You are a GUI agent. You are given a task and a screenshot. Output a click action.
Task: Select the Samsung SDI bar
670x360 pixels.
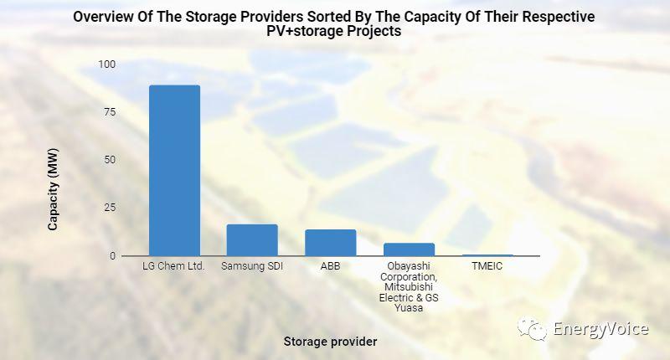click(x=252, y=239)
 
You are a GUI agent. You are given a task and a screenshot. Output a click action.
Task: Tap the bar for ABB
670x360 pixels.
click(x=330, y=242)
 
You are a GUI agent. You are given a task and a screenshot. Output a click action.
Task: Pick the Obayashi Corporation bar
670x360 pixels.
click(x=409, y=249)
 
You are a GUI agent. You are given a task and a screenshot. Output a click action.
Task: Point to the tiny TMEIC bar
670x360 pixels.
click(x=487, y=255)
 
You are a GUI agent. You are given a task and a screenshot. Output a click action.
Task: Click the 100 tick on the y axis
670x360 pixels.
click(x=107, y=64)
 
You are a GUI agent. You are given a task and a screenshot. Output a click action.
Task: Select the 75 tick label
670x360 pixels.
click(x=110, y=112)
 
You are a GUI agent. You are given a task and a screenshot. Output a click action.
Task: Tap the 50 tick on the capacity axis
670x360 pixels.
click(x=110, y=160)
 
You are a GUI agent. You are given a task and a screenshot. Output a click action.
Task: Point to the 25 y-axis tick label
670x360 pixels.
click(x=110, y=208)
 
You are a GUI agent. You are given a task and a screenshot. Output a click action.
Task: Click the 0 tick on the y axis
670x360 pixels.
click(x=113, y=255)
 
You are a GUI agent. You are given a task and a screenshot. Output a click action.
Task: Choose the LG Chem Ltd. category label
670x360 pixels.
click(x=174, y=267)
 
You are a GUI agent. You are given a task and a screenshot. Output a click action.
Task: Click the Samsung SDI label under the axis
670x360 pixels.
click(x=252, y=267)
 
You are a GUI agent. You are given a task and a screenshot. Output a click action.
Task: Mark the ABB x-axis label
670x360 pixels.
click(x=330, y=267)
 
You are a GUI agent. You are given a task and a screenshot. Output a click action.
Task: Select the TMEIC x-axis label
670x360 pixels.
click(x=487, y=267)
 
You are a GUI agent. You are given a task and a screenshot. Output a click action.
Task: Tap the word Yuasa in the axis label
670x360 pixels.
click(x=409, y=308)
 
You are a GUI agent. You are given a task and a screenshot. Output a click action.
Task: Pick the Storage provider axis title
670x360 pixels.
click(x=330, y=342)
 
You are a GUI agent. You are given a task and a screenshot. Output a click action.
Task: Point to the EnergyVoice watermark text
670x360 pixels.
click(x=600, y=329)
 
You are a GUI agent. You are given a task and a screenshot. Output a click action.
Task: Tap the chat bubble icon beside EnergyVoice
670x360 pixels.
click(x=533, y=328)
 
